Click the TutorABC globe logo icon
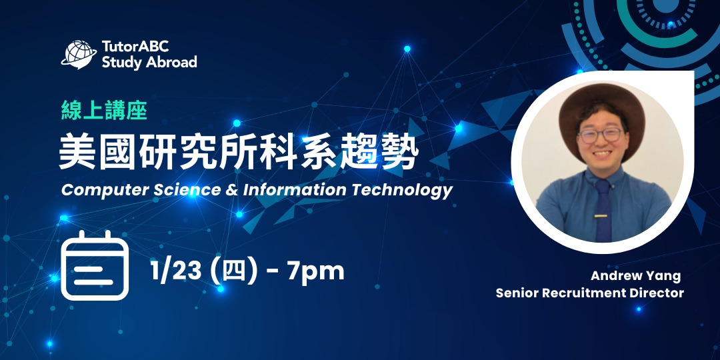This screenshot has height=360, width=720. pyautogui.click(x=79, y=54)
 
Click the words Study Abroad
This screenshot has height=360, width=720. pyautogui.click(x=149, y=63)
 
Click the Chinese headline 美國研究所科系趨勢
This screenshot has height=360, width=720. pyautogui.click(x=239, y=153)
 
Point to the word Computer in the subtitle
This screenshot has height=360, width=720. pyautogui.click(x=93, y=190)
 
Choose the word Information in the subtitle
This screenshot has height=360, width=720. pyautogui.click(x=293, y=190)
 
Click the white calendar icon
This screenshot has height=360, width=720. pyautogui.click(x=95, y=265)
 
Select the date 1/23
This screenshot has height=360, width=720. pyautogui.click(x=176, y=271)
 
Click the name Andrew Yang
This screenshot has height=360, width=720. pyautogui.click(x=635, y=276)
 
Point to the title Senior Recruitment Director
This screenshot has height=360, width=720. pyautogui.click(x=590, y=293)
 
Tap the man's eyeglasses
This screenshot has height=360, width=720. pyautogui.click(x=600, y=135)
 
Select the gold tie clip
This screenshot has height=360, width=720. pyautogui.click(x=603, y=215)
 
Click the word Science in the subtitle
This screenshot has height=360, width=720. pyautogui.click(x=187, y=190)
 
